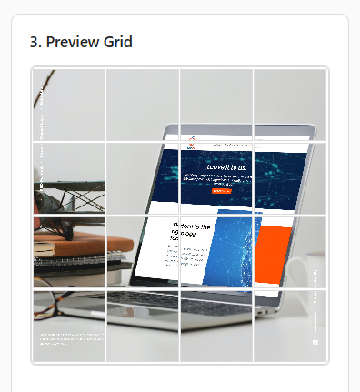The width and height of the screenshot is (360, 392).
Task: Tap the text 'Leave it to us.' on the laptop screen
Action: pos(226,166)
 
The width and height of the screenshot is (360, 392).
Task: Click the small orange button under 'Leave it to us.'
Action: pos(221,192)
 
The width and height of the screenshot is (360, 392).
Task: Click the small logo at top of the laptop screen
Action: pos(194,141)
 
